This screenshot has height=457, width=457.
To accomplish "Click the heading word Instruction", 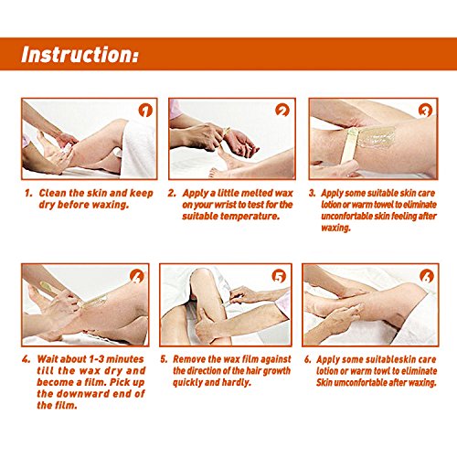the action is (x=80, y=54).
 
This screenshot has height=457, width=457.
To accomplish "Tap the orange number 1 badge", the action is (x=145, y=111).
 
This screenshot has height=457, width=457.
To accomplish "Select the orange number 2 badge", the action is (x=282, y=111).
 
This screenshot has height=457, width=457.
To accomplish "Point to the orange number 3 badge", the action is (x=425, y=111).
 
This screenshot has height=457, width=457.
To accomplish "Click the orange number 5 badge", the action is (x=279, y=276).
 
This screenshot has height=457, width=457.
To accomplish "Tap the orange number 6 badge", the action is (x=427, y=276).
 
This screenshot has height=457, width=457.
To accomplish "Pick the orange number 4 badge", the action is (x=136, y=276).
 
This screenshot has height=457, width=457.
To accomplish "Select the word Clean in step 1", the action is (x=52, y=193).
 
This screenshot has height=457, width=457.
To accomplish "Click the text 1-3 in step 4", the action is (x=97, y=359).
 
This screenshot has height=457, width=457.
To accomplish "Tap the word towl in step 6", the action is (x=381, y=371).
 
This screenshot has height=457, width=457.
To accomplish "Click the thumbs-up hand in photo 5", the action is (x=207, y=324).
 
